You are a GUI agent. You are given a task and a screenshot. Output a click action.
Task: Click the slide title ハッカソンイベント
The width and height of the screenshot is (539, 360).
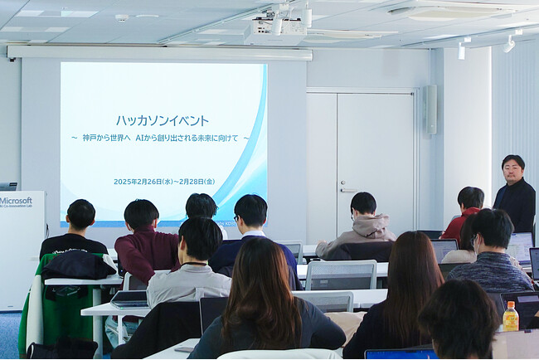[163, 120]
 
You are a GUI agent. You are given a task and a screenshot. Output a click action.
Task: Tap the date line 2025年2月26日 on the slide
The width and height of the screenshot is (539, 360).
[164, 182]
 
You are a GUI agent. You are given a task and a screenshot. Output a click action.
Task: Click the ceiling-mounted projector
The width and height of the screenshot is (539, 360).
[274, 32]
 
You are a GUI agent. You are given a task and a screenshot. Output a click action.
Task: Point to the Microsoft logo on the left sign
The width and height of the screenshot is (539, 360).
[16, 201]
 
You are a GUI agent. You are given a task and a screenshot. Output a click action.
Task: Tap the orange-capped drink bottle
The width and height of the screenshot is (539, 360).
[510, 317]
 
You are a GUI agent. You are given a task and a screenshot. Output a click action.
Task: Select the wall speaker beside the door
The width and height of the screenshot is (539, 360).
[430, 109]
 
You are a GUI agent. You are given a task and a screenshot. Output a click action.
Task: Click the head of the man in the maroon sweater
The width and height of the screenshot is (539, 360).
[141, 216]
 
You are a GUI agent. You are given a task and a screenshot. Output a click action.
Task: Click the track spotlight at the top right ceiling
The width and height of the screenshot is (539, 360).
[507, 43]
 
